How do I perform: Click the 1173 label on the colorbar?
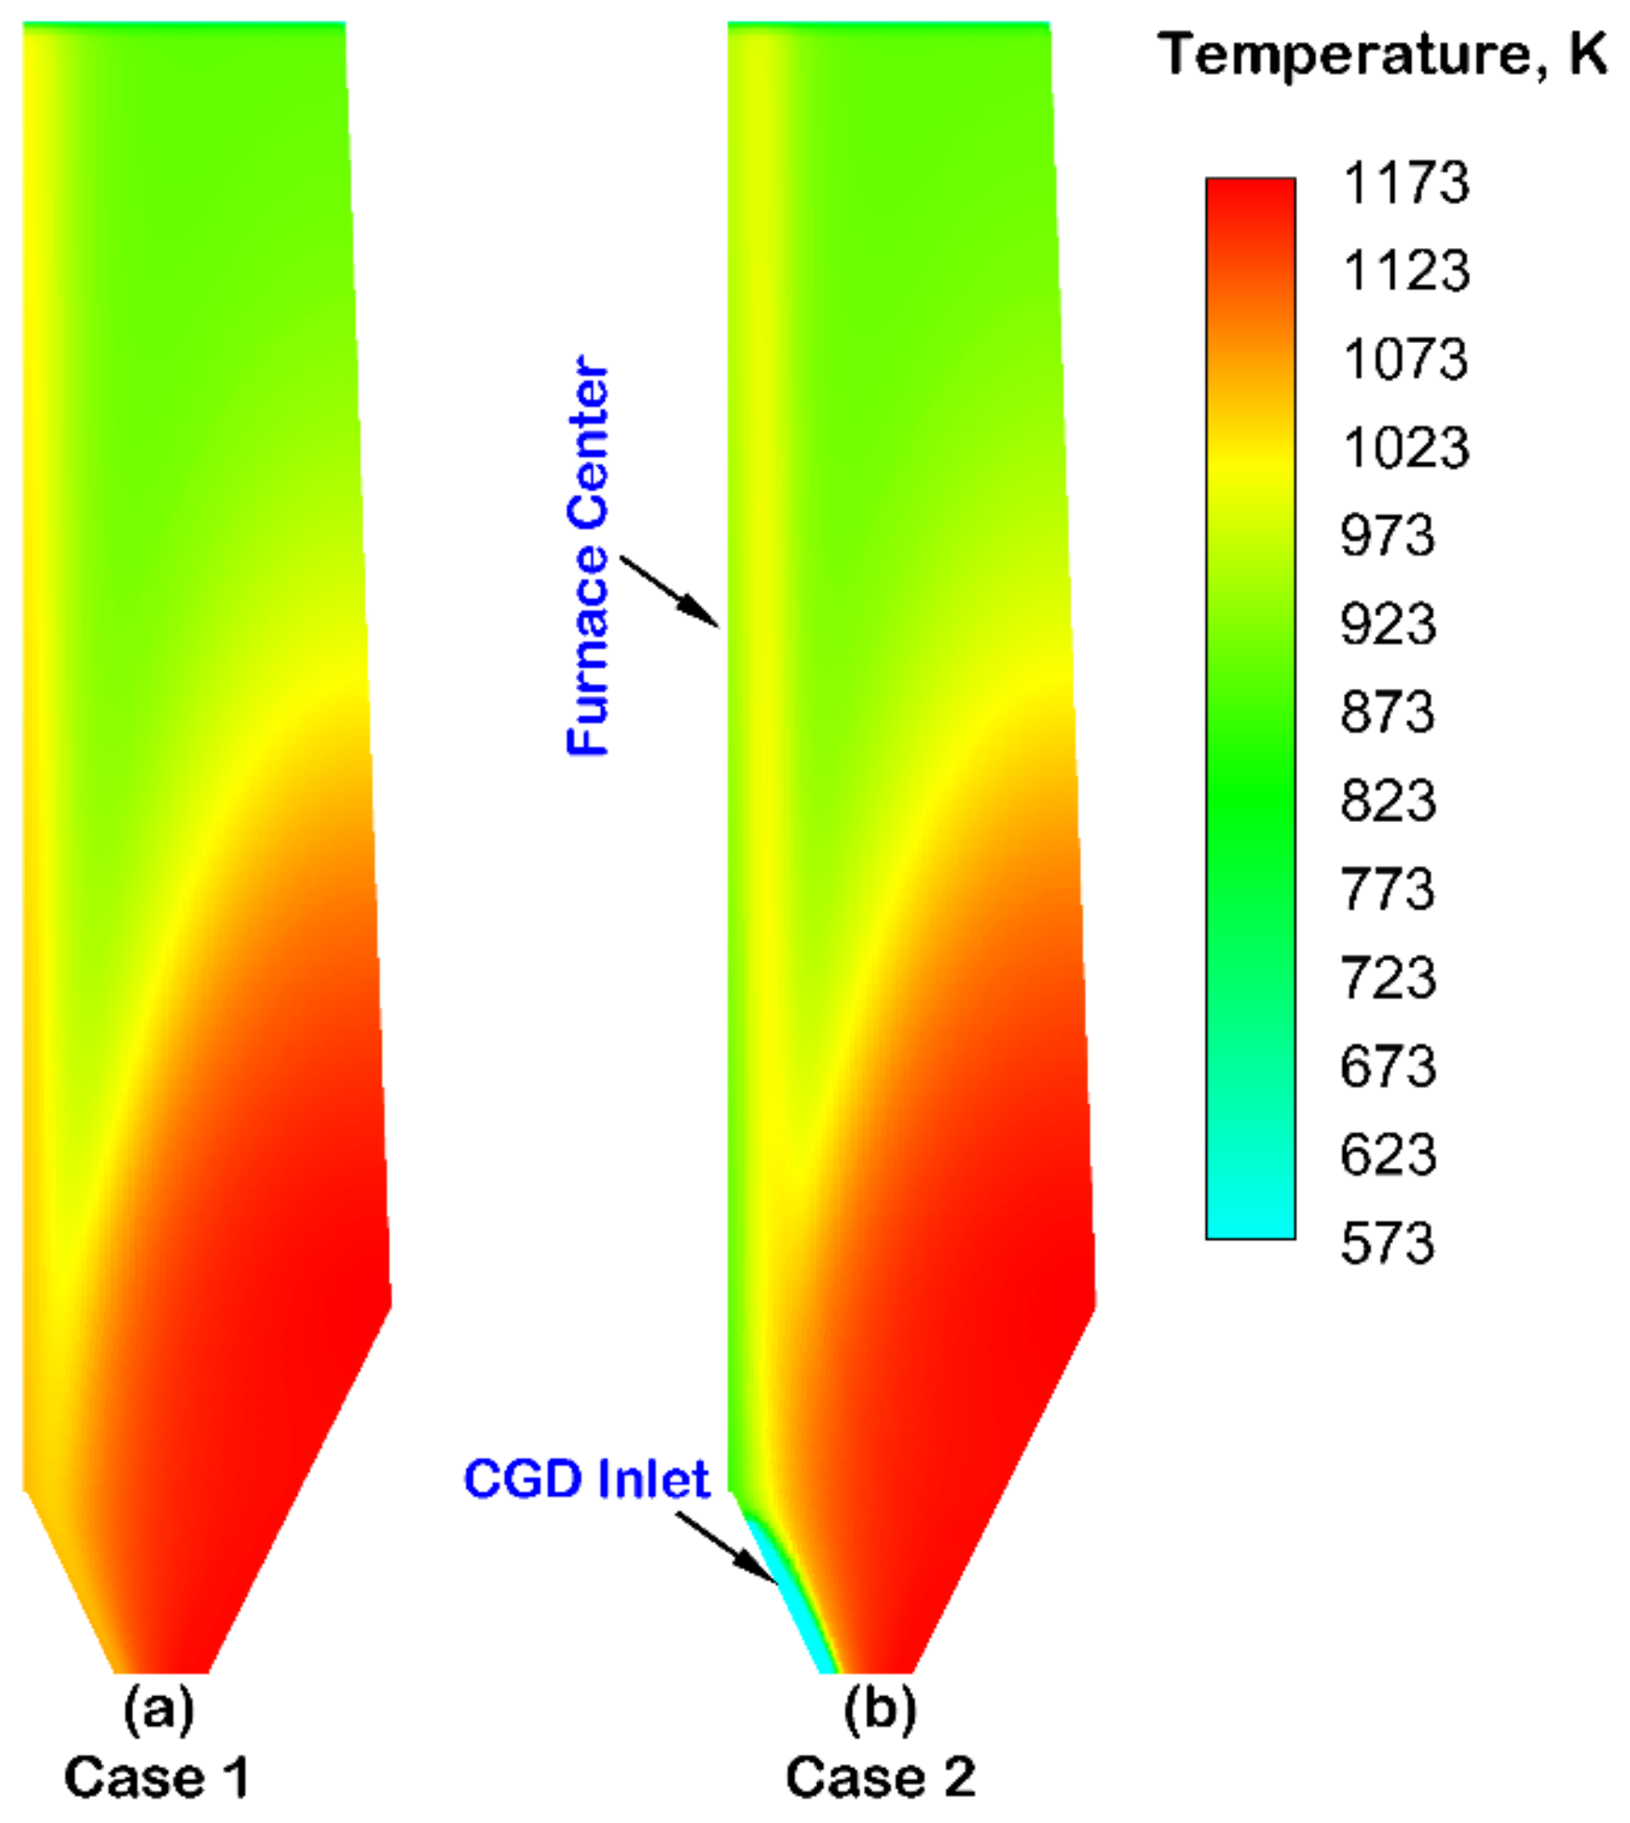[1404, 183]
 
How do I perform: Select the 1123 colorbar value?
[1404, 271]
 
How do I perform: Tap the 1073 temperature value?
[1404, 359]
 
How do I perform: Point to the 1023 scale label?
[1404, 447]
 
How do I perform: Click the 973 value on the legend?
[1387, 536]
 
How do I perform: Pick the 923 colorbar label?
[1387, 624]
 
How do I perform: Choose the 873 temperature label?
[1387, 712]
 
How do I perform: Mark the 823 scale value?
[1387, 801]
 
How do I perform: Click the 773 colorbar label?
[1387, 889]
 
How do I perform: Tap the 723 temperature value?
[1387, 978]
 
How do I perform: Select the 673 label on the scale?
[1387, 1065]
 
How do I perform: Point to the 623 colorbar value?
[1387, 1155]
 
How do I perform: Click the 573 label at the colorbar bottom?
[1387, 1243]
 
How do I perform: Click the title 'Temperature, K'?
[1383, 54]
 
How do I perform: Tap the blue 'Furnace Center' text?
[589, 555]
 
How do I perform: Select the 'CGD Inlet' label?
[586, 1479]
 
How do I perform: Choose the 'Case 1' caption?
[157, 1777]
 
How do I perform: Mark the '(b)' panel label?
[880, 1708]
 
